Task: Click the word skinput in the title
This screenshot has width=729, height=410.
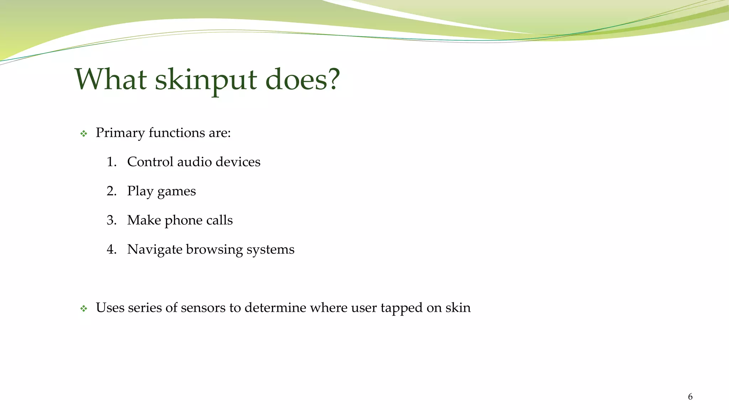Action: click(x=206, y=80)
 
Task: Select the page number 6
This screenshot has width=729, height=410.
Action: click(x=690, y=396)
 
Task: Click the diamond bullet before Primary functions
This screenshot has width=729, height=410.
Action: click(x=84, y=134)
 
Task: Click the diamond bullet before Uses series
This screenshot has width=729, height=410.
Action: click(x=84, y=309)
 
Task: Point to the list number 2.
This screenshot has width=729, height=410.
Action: click(x=111, y=191)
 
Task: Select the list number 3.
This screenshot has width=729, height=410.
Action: click(x=111, y=220)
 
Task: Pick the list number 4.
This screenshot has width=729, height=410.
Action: click(x=111, y=249)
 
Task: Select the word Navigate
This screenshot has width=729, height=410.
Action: click(x=155, y=250)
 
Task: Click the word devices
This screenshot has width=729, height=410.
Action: click(x=238, y=162)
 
